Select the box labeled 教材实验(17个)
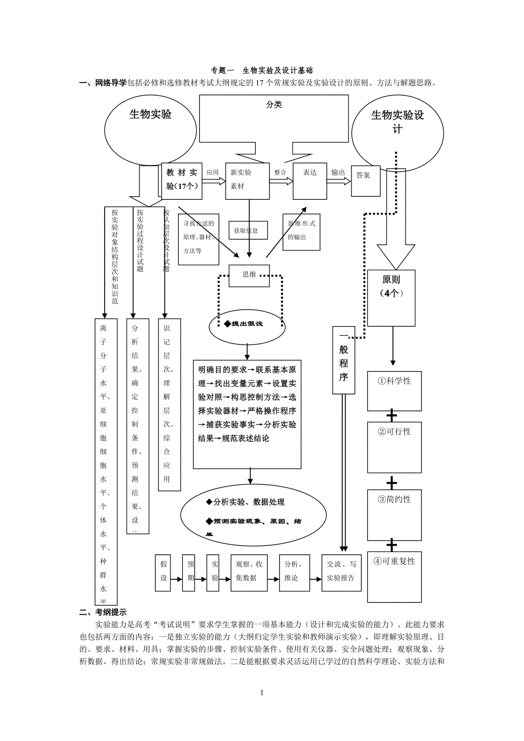click(x=182, y=180)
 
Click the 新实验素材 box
click(x=247, y=180)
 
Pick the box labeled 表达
click(x=310, y=180)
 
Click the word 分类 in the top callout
click(x=273, y=105)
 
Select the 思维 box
click(x=249, y=275)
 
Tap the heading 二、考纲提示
click(x=103, y=612)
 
